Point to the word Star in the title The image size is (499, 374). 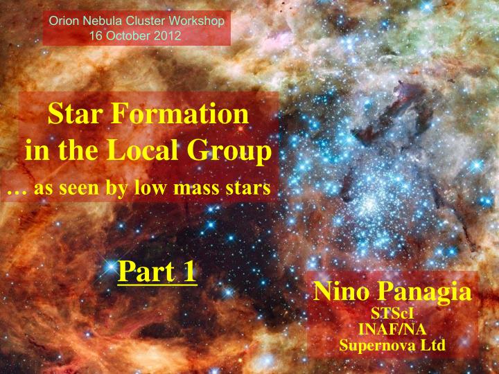pos(71,114)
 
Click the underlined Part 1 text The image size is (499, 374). pos(157,271)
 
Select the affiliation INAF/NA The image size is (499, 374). pos(392,329)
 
